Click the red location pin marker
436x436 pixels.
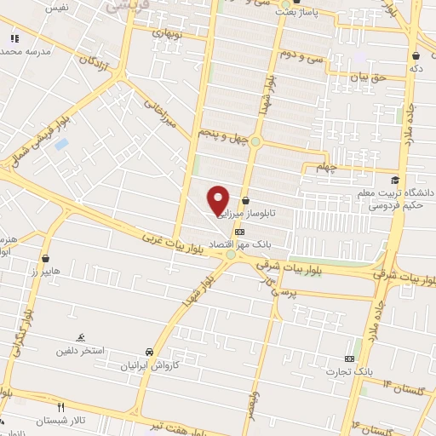click(219, 200)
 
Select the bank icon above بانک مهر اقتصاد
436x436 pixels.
click(239, 232)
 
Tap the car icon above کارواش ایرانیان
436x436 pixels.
click(150, 351)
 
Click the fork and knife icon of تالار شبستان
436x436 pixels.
click(60, 407)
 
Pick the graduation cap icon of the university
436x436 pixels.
click(395, 180)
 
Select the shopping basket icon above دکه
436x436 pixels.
click(415, 56)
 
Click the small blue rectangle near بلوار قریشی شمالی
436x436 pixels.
click(60, 143)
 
